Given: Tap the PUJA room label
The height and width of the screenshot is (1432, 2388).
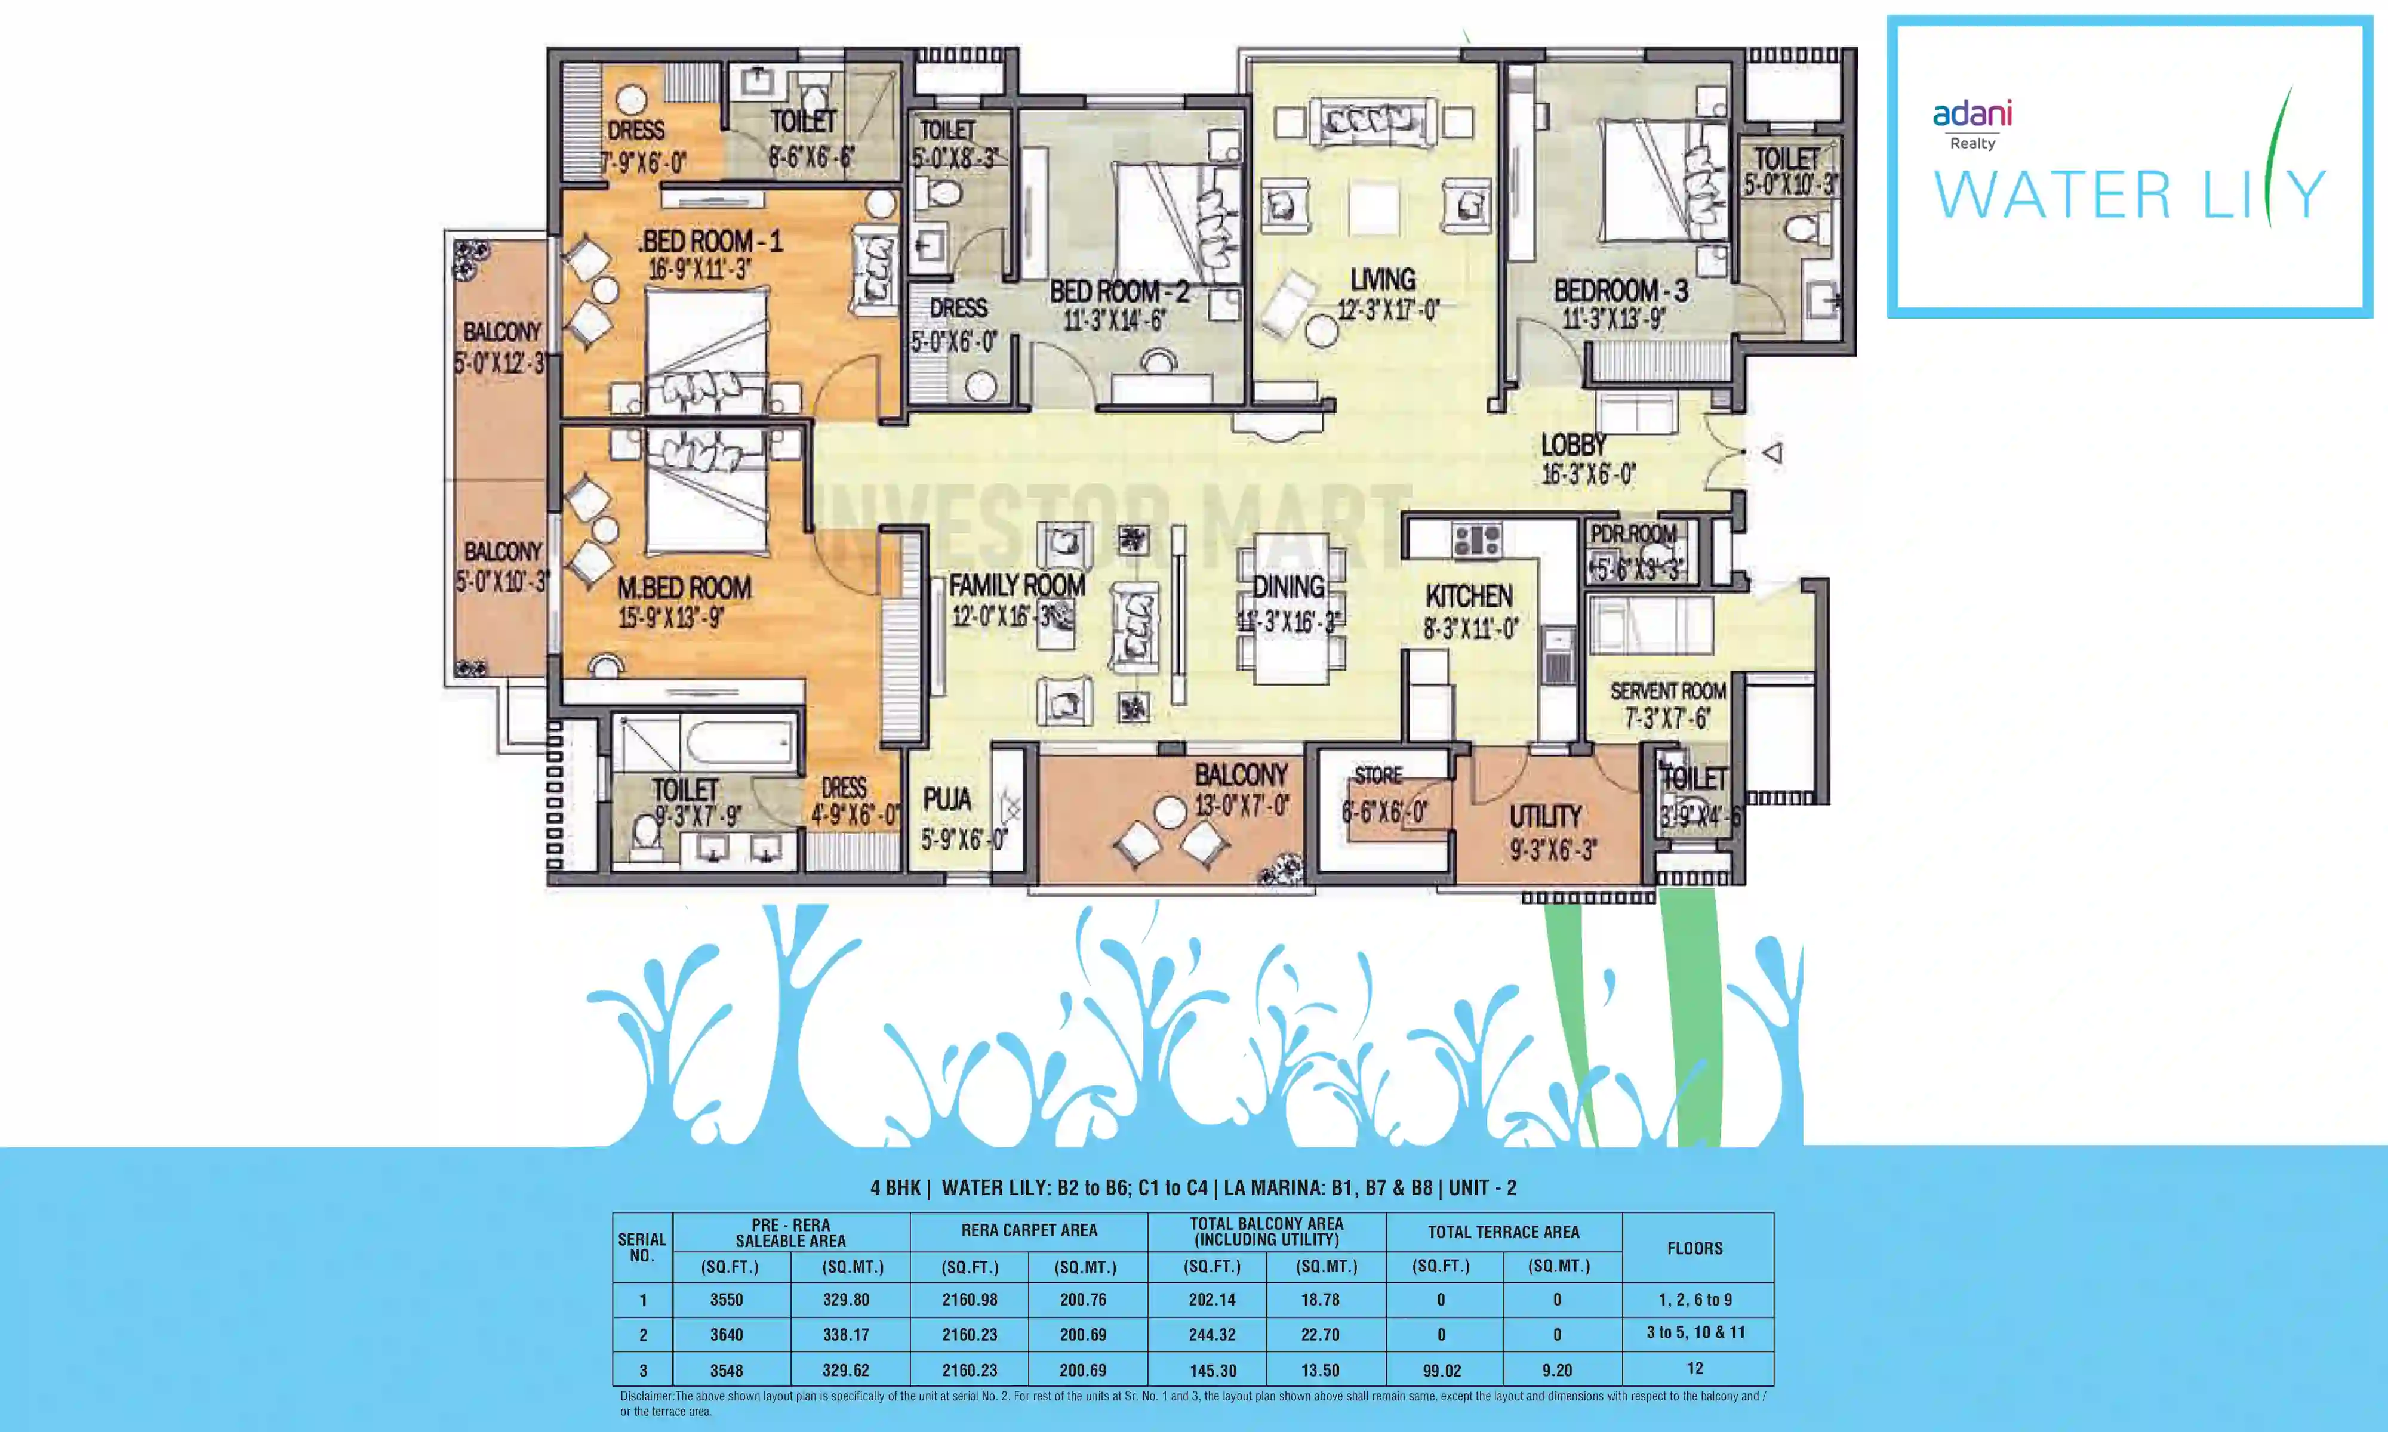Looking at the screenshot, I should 947,799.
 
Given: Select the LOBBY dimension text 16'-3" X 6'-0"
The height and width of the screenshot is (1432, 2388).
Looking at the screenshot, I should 1588,475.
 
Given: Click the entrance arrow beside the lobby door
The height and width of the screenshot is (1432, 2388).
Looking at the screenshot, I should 1772,452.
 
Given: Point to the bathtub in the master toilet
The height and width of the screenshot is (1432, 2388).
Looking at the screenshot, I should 738,744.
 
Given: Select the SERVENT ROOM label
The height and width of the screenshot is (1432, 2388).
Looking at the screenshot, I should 1668,691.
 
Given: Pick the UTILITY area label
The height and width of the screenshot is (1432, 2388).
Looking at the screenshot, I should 1546,816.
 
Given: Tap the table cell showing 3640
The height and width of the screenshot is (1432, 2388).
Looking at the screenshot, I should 727,1335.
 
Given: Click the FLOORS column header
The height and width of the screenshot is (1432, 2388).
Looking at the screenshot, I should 1694,1248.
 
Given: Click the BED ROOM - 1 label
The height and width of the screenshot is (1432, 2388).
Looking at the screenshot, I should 712,241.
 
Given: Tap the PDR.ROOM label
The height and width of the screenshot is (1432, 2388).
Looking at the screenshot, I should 1633,533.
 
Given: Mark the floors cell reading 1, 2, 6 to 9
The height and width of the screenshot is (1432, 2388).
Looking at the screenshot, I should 1694,1300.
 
